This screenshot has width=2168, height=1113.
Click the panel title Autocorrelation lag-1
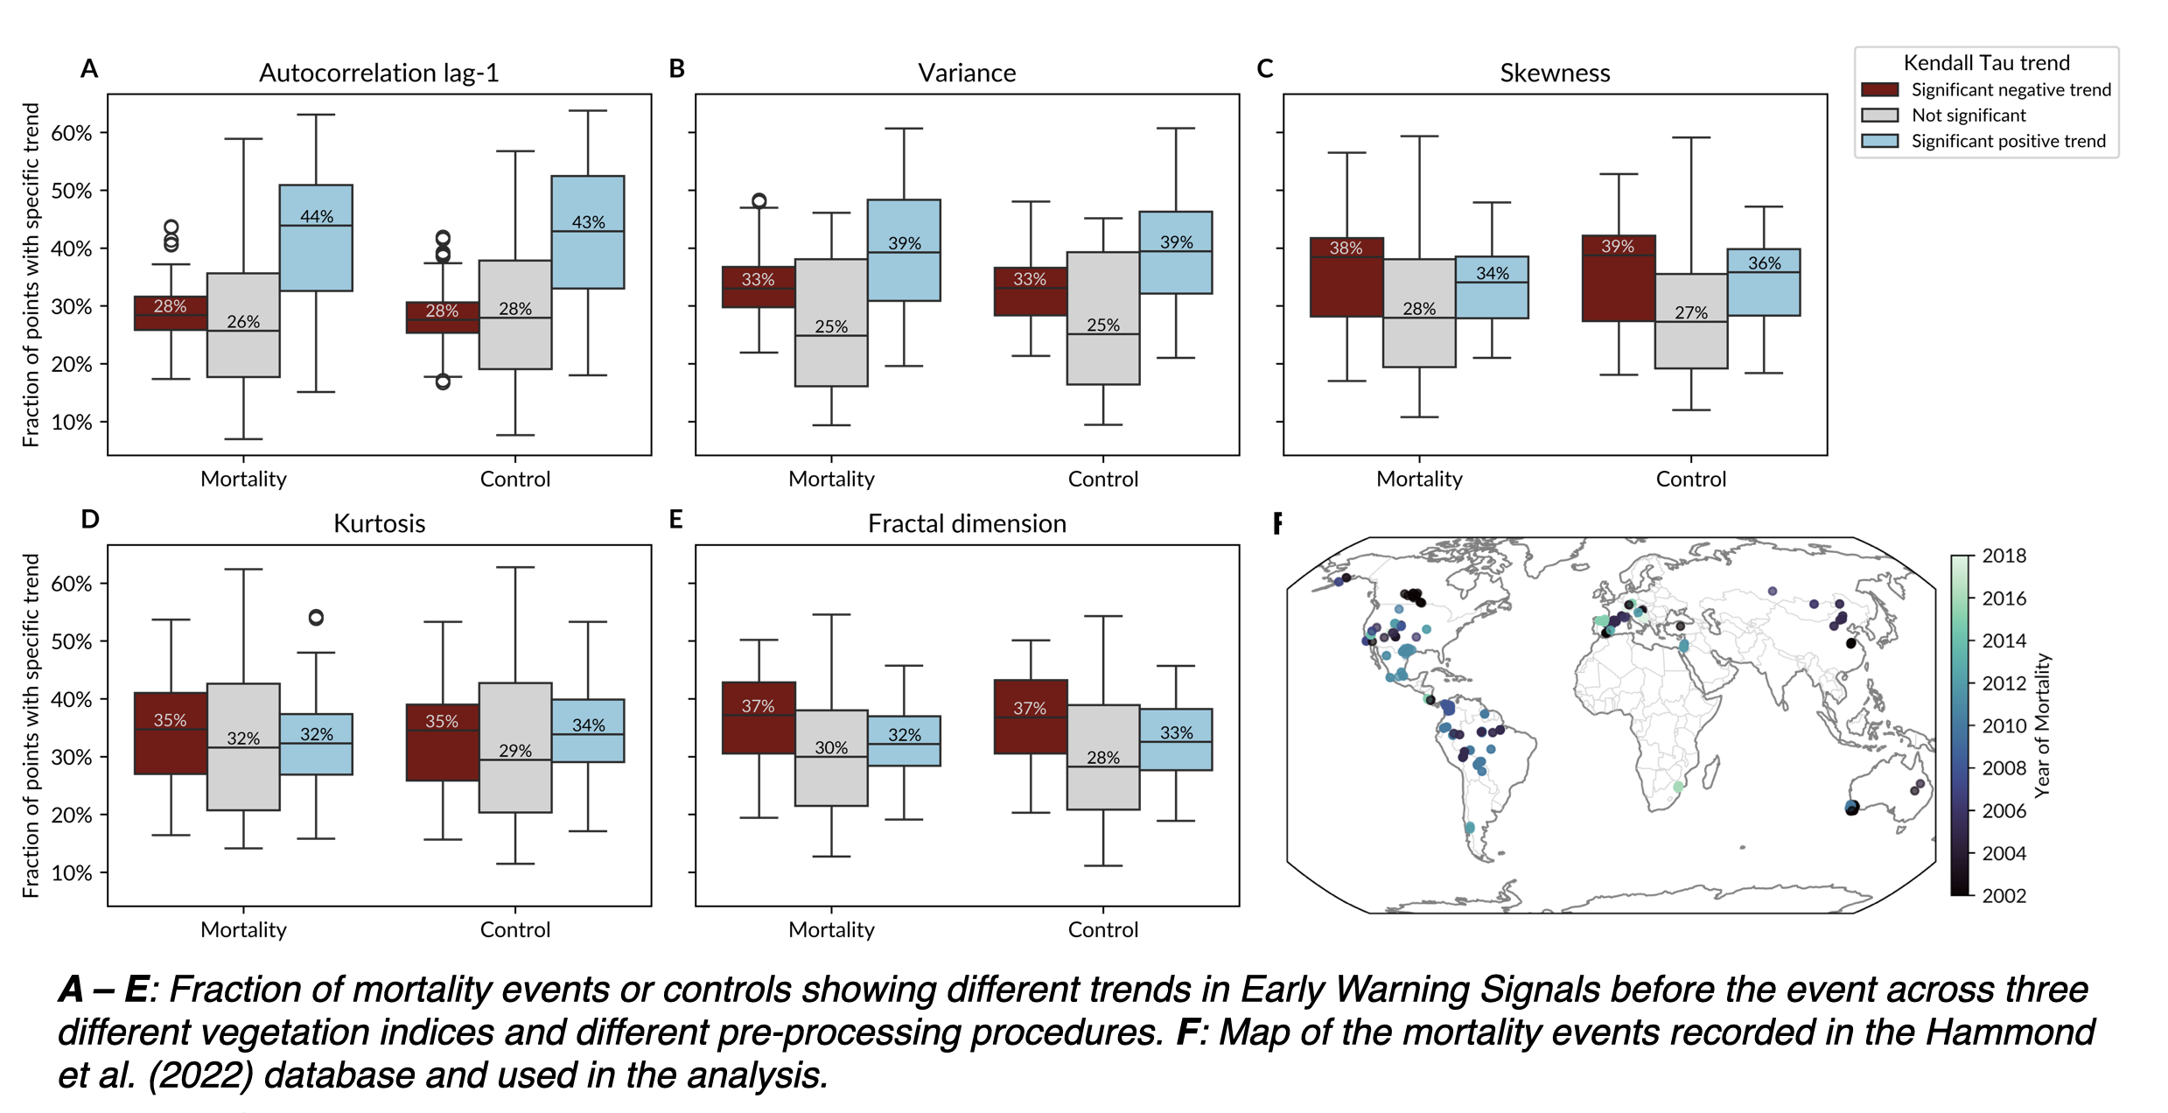(379, 73)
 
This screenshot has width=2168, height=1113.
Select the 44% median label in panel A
(317, 216)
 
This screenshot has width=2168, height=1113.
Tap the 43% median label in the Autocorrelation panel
(588, 222)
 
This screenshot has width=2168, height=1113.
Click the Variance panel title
(967, 73)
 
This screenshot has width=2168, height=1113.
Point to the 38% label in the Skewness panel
(1346, 248)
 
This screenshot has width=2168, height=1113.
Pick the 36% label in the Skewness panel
(1764, 262)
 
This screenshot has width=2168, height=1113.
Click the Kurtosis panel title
(379, 523)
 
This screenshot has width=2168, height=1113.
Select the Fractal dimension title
(967, 523)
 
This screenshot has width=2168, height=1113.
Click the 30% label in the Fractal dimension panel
(831, 747)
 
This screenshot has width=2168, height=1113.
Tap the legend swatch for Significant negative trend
(1879, 89)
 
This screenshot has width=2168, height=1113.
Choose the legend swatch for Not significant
(1879, 115)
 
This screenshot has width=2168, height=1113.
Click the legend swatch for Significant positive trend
(1879, 141)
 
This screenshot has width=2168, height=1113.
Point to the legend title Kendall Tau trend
(1986, 63)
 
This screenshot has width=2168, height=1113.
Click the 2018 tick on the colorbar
(2004, 556)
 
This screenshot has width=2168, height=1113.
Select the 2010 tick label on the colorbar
(2004, 725)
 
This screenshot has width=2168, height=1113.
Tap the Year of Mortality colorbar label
(2042, 725)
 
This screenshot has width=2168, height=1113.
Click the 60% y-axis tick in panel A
(71, 133)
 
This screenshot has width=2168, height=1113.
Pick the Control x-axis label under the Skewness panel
(1690, 479)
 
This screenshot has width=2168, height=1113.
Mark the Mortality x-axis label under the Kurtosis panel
(243, 929)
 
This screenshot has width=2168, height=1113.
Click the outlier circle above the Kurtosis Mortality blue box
(316, 618)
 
